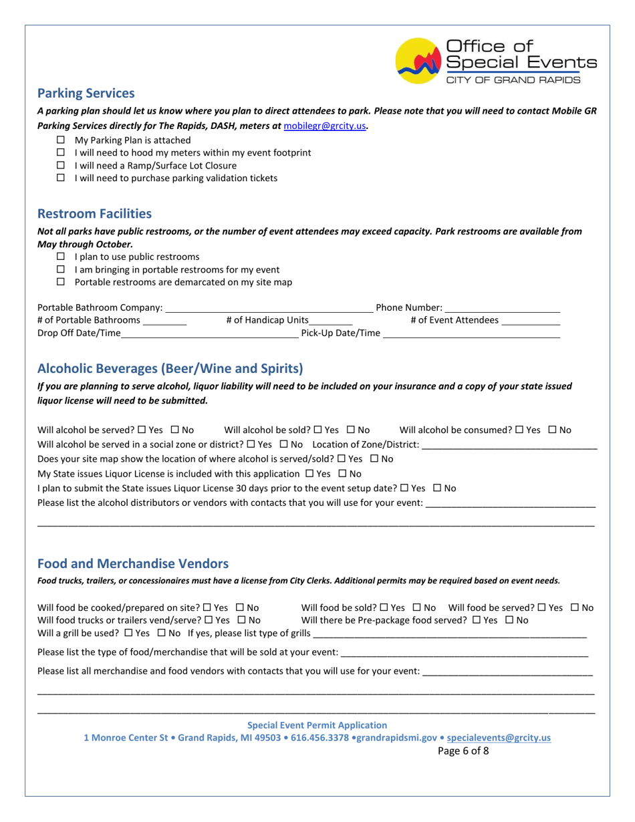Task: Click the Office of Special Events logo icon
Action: tap(418, 61)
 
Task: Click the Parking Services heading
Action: tap(86, 94)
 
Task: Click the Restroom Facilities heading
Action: tap(94, 214)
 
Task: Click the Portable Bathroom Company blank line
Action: tap(269, 308)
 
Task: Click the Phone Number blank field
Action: tap(502, 308)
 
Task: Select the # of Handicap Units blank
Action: tap(331, 321)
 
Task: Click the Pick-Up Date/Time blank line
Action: tap(471, 333)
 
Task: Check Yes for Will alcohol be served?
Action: tap(141, 430)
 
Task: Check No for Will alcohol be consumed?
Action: tap(552, 430)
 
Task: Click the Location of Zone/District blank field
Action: tap(509, 445)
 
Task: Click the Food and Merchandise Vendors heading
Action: tap(132, 563)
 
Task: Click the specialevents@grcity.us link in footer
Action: tap(499, 738)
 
